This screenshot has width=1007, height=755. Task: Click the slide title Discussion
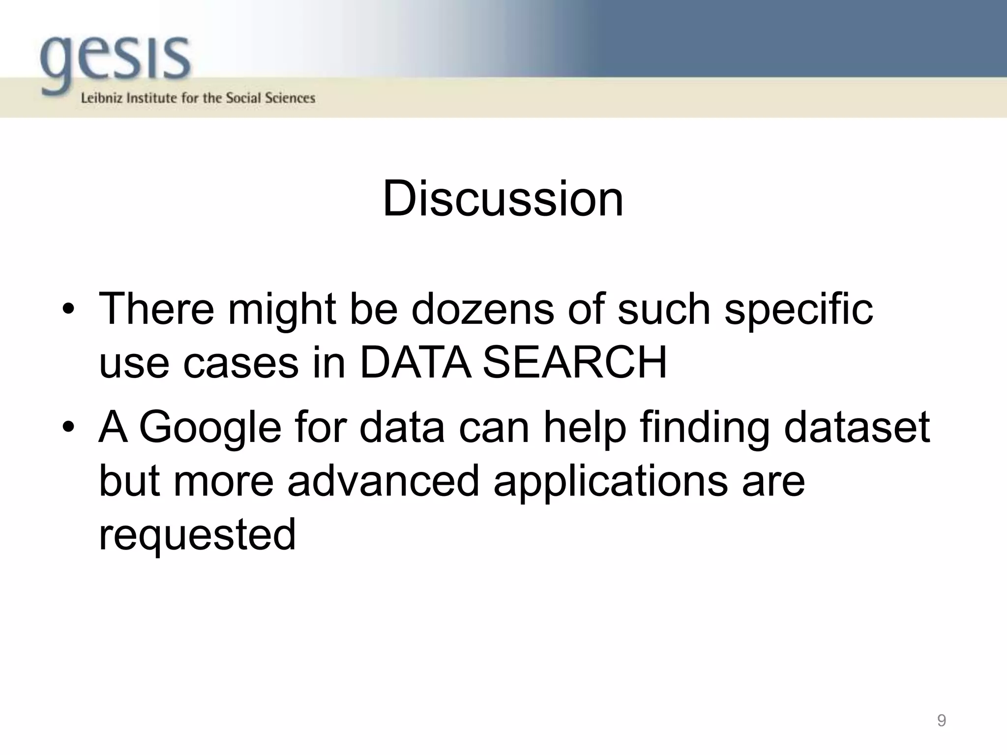(503, 199)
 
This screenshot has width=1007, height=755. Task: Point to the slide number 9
(941, 721)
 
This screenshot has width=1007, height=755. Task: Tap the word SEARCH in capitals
(575, 362)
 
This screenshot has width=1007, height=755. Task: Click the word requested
(197, 534)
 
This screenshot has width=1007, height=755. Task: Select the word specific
(799, 310)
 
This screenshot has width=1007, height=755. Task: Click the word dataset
(857, 427)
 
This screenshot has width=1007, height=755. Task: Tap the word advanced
(383, 481)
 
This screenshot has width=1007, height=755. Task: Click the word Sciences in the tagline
(290, 98)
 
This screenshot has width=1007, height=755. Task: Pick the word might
(282, 310)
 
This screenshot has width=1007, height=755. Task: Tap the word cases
(241, 363)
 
